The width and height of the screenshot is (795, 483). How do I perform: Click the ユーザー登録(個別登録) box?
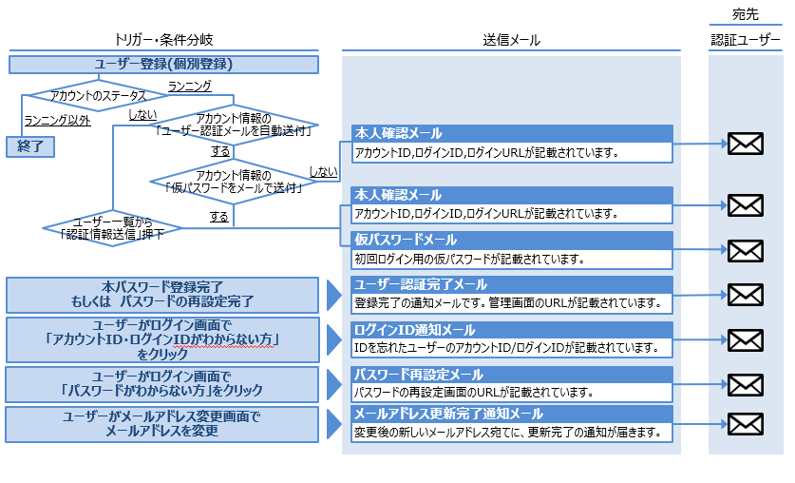point(163,65)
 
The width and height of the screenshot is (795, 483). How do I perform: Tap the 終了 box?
point(30,145)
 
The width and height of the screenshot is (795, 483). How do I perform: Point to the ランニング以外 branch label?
point(58,121)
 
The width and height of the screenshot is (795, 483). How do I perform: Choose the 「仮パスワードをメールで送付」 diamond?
point(234,182)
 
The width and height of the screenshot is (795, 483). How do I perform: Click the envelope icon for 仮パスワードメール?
point(745,250)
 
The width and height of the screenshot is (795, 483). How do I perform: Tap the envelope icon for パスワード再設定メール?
point(745,383)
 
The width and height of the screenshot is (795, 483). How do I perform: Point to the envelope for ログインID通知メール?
point(745,339)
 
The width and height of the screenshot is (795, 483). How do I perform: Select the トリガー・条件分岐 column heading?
point(163,40)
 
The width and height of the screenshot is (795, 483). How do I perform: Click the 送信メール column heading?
point(511,40)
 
